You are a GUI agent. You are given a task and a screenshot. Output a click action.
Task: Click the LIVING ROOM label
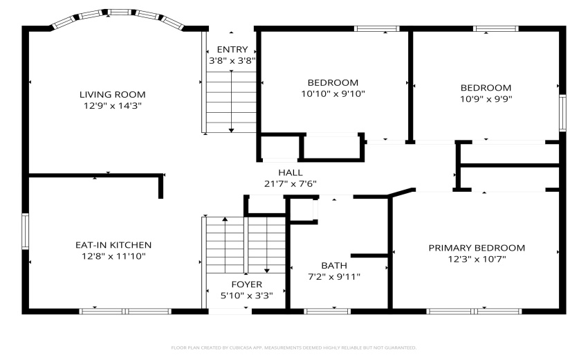click(x=112, y=94)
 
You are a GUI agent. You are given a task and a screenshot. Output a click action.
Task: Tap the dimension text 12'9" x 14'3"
click(x=112, y=106)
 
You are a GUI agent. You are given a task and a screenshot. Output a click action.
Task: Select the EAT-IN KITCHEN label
click(x=113, y=245)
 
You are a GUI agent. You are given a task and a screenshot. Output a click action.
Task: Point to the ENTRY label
click(x=232, y=49)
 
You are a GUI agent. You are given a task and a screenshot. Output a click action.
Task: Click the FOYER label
click(x=246, y=285)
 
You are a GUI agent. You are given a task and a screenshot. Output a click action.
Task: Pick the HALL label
click(x=291, y=172)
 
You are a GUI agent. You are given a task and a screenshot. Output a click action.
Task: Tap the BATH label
click(x=334, y=265)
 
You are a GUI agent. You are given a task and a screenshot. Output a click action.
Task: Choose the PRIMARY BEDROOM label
click(x=476, y=248)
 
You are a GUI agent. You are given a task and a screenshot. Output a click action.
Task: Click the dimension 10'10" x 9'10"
click(x=333, y=94)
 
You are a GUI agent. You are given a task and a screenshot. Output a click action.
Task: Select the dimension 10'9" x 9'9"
click(x=486, y=99)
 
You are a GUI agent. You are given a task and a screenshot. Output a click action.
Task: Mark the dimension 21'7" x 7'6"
click(x=291, y=184)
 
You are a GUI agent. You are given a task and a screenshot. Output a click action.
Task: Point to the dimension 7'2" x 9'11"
click(x=335, y=277)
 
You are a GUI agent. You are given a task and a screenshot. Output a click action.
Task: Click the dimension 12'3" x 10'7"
click(x=476, y=260)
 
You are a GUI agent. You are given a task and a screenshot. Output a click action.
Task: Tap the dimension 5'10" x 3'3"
click(x=246, y=296)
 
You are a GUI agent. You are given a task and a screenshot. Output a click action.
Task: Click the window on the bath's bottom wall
click(x=327, y=311)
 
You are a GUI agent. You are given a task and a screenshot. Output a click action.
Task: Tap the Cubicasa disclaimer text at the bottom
click(x=293, y=348)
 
